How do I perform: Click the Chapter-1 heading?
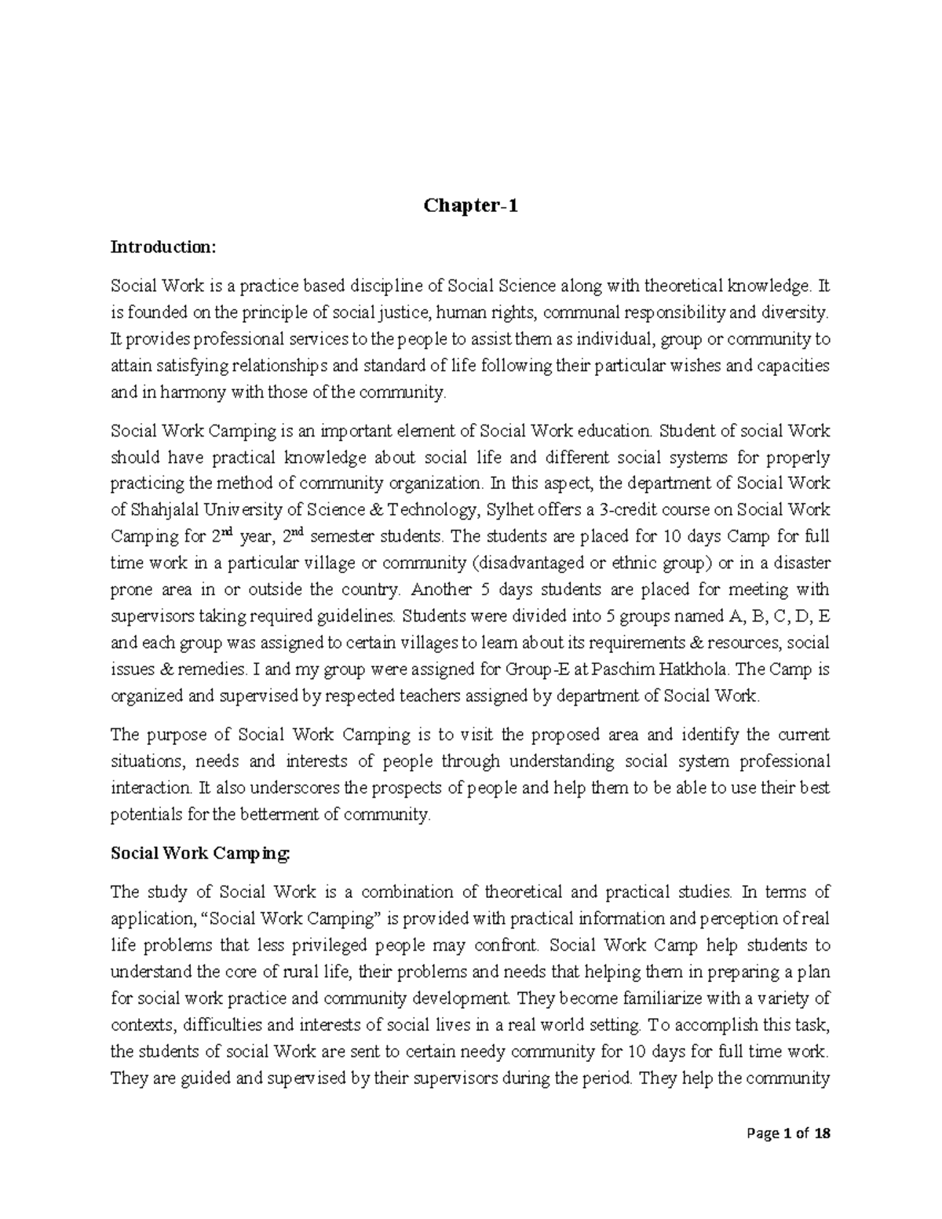[471, 206]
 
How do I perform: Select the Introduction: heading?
[162, 247]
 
